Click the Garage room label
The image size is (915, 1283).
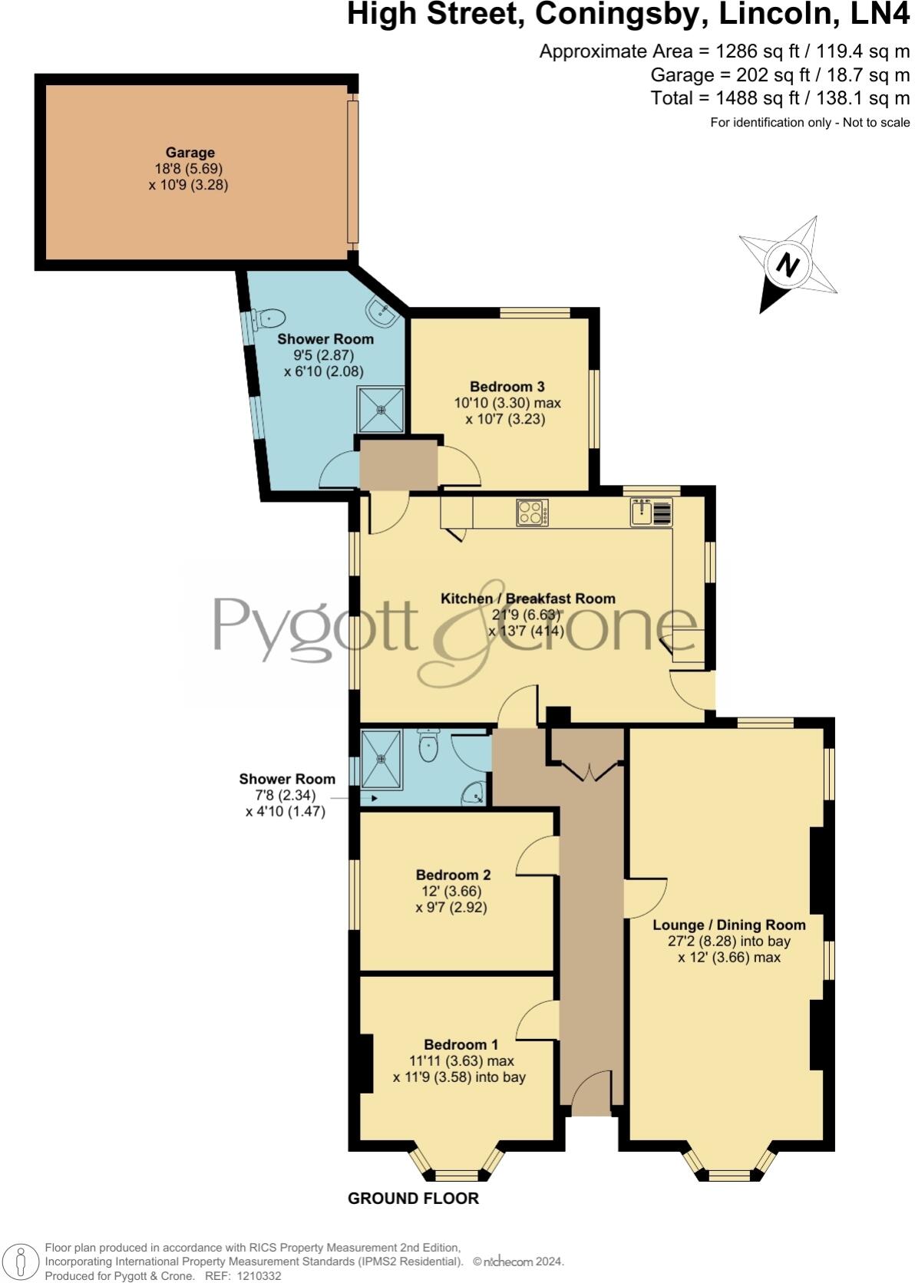pos(190,153)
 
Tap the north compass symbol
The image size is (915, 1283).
pos(788,266)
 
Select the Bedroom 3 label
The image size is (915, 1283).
pos(507,387)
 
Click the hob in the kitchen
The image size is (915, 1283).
pos(532,512)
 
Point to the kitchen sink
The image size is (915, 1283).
pos(651,512)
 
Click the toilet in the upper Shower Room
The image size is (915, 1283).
pos(270,318)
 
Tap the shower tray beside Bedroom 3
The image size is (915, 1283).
pos(380,409)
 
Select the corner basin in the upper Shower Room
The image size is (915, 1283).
pos(381,312)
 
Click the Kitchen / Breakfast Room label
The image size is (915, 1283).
pos(527,599)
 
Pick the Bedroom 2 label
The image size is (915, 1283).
pos(453,875)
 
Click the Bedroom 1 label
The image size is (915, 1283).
pos(461,1044)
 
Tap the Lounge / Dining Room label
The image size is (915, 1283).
pos(728,925)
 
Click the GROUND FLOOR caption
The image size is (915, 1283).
pos(413,1199)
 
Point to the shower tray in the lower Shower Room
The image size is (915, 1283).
pos(381,760)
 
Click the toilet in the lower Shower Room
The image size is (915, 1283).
pos(428,745)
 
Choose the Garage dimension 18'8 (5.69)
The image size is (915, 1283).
pos(189,169)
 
